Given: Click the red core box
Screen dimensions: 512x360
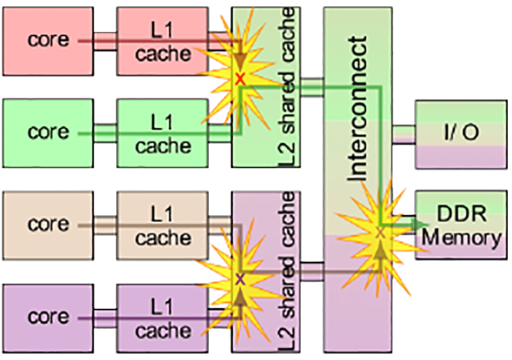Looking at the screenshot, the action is pyautogui.click(x=48, y=42).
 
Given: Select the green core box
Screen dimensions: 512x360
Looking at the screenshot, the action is pyautogui.click(x=48, y=134).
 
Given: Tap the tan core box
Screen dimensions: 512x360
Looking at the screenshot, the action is pyautogui.click(x=48, y=225).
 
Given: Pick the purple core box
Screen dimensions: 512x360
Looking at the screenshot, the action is pyautogui.click(x=48, y=318).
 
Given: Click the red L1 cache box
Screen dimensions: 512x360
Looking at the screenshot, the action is pyautogui.click(x=162, y=42).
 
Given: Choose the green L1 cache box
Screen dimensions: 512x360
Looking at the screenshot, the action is pyautogui.click(x=162, y=134).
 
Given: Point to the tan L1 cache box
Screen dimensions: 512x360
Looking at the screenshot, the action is pyautogui.click(x=162, y=225).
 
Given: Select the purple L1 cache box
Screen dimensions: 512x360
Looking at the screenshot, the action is pyautogui.click(x=162, y=318).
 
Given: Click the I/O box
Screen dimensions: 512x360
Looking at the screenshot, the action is pyautogui.click(x=461, y=134).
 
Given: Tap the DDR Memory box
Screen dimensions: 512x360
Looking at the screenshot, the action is pyautogui.click(x=461, y=225).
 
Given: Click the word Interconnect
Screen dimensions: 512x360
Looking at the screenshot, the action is pyautogui.click(x=357, y=108).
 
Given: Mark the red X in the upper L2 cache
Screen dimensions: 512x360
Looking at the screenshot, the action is pyautogui.click(x=240, y=79).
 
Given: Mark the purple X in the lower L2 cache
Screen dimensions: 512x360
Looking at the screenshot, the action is pyautogui.click(x=240, y=279).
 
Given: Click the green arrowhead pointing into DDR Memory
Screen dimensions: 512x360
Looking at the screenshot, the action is pyautogui.click(x=422, y=224).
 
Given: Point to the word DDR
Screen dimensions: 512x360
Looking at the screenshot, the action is pyautogui.click(x=462, y=214).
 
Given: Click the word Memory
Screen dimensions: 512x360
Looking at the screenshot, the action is pyautogui.click(x=461, y=238).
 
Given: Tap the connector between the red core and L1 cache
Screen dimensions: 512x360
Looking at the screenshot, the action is pyautogui.click(x=105, y=42).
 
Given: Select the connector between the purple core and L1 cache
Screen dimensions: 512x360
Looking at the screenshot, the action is pyautogui.click(x=105, y=318).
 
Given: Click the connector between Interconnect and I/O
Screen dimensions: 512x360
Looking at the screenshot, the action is pyautogui.click(x=404, y=134).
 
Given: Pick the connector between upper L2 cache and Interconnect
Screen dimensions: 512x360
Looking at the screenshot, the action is pyautogui.click(x=312, y=87).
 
